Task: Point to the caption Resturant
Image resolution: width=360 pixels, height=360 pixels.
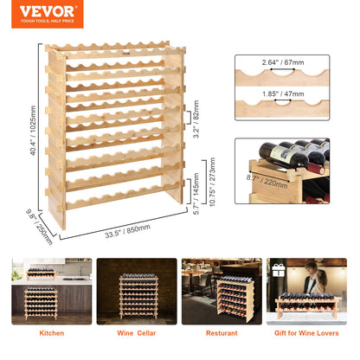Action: coord(220,331)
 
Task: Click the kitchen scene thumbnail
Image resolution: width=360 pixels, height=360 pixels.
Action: coord(51,290)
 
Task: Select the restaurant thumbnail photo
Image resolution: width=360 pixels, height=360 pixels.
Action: coord(221,290)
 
